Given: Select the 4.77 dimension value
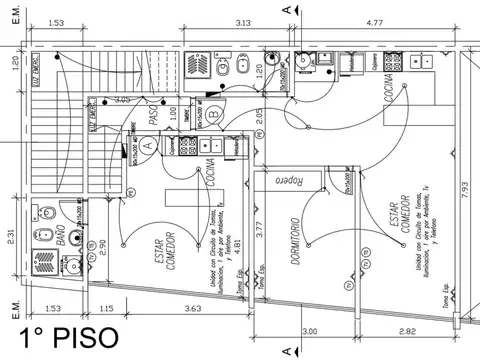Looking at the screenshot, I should pos(377,22).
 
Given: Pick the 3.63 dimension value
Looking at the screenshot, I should pos(192,309).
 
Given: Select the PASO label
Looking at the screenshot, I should pos(153,116).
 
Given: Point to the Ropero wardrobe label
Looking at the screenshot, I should pos(286,183).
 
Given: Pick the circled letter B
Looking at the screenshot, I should pos(214,114).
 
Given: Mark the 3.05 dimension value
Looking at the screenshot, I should pos(123,100).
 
